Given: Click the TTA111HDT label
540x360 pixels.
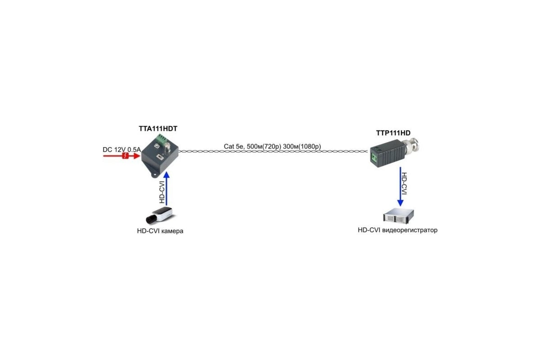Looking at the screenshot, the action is [158, 129].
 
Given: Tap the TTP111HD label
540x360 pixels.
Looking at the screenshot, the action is [393, 133].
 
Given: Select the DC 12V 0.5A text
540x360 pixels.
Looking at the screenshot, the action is [122, 149].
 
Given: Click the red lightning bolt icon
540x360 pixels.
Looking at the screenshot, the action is [125, 156].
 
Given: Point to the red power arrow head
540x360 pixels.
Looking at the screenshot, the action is [137, 156].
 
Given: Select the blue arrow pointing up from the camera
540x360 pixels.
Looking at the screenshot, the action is [166, 189].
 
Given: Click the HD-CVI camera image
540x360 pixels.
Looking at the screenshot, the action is [159, 215].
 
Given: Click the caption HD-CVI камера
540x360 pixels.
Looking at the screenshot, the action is [160, 231].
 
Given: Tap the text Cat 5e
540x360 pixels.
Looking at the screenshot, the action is [234, 146].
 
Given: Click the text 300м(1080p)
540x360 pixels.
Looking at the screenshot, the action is [302, 146].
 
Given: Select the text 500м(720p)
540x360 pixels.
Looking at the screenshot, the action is [264, 146].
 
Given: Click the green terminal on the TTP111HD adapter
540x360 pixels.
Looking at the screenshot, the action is [374, 157].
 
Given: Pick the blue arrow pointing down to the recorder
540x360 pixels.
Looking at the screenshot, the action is [400, 187].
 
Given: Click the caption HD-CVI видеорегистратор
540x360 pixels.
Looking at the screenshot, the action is [397, 230].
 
